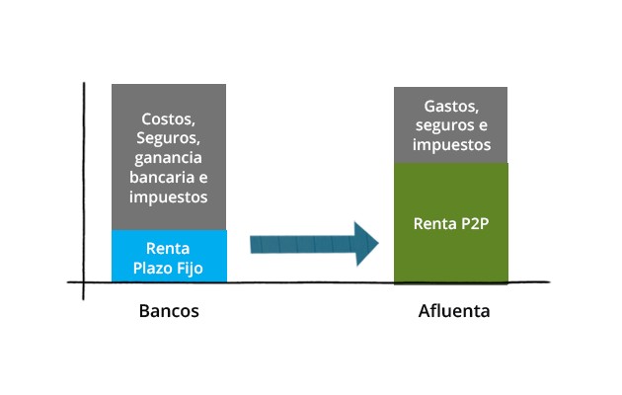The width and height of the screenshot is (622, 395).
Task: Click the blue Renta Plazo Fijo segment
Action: pyautogui.click(x=169, y=256)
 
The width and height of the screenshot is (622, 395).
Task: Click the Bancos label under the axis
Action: pyautogui.click(x=169, y=311)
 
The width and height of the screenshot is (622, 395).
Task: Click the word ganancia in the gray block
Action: pyautogui.click(x=169, y=157)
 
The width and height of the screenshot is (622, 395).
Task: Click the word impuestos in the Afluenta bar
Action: pyautogui.click(x=451, y=144)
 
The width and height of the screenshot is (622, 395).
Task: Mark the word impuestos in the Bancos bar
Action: pyautogui.click(x=169, y=197)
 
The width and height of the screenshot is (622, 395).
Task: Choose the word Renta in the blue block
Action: pyautogui.click(x=169, y=247)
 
